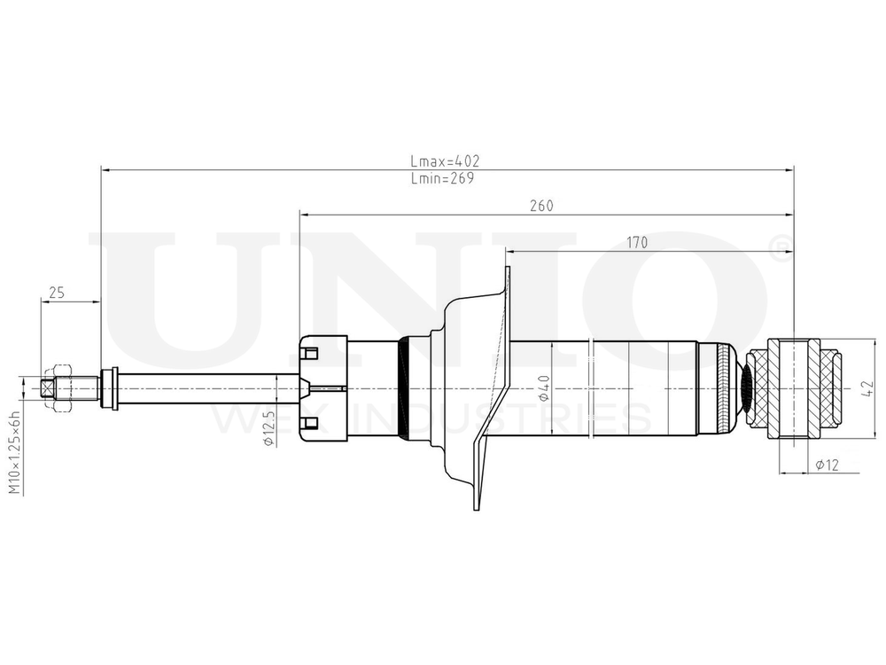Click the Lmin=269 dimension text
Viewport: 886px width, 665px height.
coord(443,178)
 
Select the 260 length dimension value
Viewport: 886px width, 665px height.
coord(541,206)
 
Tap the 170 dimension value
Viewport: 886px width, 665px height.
coord(637,242)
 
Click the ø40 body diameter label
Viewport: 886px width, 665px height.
coord(544,388)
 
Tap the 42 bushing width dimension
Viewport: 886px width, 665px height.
coord(868,387)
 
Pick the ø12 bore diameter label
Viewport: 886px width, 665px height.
coord(827,464)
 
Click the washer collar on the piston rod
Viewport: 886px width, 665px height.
coord(110,388)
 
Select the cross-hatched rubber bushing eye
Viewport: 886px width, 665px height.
coord(795,387)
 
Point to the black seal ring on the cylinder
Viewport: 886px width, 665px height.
coord(405,388)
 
